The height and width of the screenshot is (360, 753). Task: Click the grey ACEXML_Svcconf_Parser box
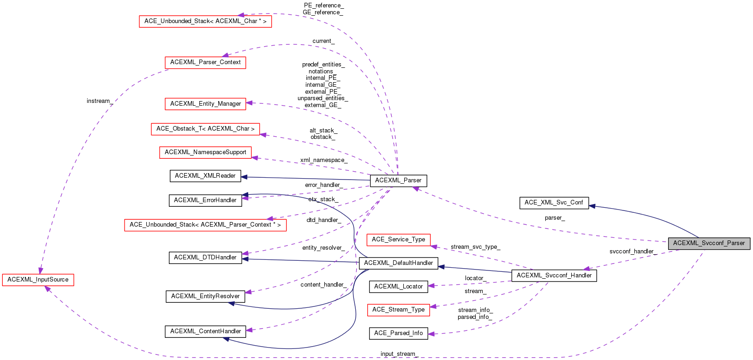[709, 243]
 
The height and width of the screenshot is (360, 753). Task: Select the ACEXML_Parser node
[398, 180]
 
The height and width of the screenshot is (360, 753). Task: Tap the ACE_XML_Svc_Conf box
[554, 203]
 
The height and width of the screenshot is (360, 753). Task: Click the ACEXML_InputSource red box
[38, 280]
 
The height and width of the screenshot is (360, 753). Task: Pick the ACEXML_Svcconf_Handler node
[554, 276]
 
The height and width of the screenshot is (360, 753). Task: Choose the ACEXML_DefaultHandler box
[398, 263]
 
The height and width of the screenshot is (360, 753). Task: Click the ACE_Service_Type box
[398, 240]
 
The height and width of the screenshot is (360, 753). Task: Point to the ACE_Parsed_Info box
[398, 333]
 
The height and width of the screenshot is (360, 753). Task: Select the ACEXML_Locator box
[398, 287]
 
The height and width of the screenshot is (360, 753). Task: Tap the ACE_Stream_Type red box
[398, 310]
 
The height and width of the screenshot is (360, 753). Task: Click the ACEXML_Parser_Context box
[205, 62]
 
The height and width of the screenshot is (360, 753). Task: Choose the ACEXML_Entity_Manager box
[205, 104]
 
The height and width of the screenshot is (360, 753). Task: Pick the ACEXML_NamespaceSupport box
[205, 152]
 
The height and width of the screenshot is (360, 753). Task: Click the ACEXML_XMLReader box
[205, 176]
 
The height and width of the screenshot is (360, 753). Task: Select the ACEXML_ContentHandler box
[205, 331]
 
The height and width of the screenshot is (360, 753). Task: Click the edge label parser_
[554, 218]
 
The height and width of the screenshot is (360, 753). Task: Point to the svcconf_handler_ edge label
[631, 252]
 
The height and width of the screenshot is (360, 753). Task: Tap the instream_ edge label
[98, 101]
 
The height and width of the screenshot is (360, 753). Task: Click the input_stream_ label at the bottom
[398, 354]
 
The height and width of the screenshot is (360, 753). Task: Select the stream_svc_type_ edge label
[475, 247]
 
